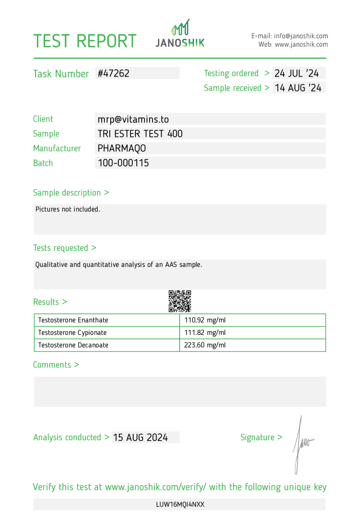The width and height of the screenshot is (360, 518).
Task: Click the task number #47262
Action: (x=113, y=73)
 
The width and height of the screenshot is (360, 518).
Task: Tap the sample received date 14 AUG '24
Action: (x=298, y=88)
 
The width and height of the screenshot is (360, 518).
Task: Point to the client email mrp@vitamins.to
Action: (x=133, y=119)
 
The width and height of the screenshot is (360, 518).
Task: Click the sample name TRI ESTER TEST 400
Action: (x=140, y=134)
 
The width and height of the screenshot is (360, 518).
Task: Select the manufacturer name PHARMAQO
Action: (x=121, y=148)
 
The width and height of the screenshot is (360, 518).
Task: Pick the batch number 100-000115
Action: (x=123, y=163)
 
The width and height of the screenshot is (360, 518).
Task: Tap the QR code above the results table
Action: (x=180, y=301)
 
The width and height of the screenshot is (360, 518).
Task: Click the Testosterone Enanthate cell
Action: (x=73, y=320)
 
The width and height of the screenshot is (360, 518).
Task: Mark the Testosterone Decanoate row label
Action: (x=73, y=345)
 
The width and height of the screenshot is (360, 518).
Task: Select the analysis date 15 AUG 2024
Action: (x=140, y=437)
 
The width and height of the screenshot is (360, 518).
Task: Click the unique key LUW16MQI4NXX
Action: (x=180, y=504)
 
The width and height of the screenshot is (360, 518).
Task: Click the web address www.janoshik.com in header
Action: (x=301, y=45)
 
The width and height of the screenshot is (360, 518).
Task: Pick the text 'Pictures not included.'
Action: (x=68, y=209)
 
